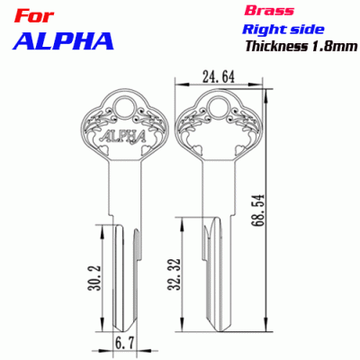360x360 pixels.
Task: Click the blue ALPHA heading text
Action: tap(60, 40)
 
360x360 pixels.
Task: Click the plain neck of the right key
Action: tap(217, 189)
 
